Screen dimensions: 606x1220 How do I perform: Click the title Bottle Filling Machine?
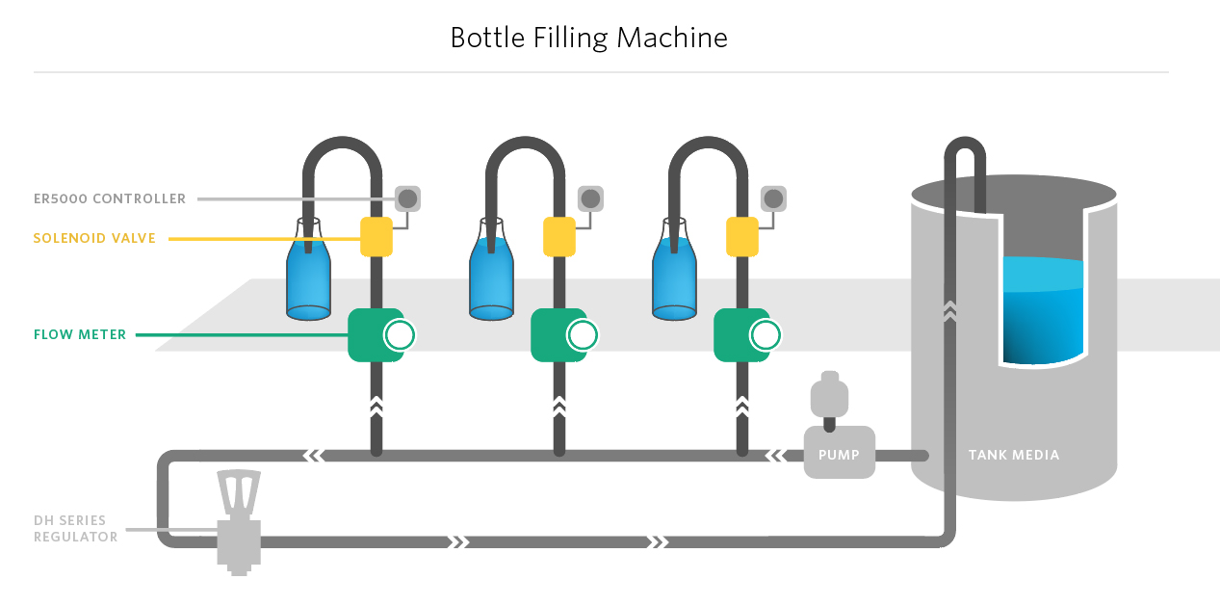[x=588, y=38]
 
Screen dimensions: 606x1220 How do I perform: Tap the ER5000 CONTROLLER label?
[x=109, y=199]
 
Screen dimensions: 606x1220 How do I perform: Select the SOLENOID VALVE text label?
[x=94, y=238]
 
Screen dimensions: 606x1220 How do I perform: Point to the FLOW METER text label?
[x=80, y=335]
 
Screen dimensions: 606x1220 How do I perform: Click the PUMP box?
[x=839, y=453]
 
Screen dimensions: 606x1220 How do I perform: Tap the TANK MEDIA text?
[x=1014, y=455]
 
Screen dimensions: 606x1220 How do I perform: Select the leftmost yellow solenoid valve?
[x=376, y=237]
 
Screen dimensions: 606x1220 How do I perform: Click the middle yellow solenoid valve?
[x=559, y=237]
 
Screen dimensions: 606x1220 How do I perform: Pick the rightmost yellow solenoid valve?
[x=742, y=237]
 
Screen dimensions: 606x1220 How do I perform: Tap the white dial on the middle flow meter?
[x=583, y=335]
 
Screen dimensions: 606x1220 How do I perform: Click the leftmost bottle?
[x=308, y=275]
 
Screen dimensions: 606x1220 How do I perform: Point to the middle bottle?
[x=491, y=275]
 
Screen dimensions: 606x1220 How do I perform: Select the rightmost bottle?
[x=674, y=275]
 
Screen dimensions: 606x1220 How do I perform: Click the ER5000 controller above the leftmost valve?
[x=407, y=198]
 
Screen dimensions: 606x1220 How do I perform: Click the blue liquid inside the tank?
[x=1043, y=313]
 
